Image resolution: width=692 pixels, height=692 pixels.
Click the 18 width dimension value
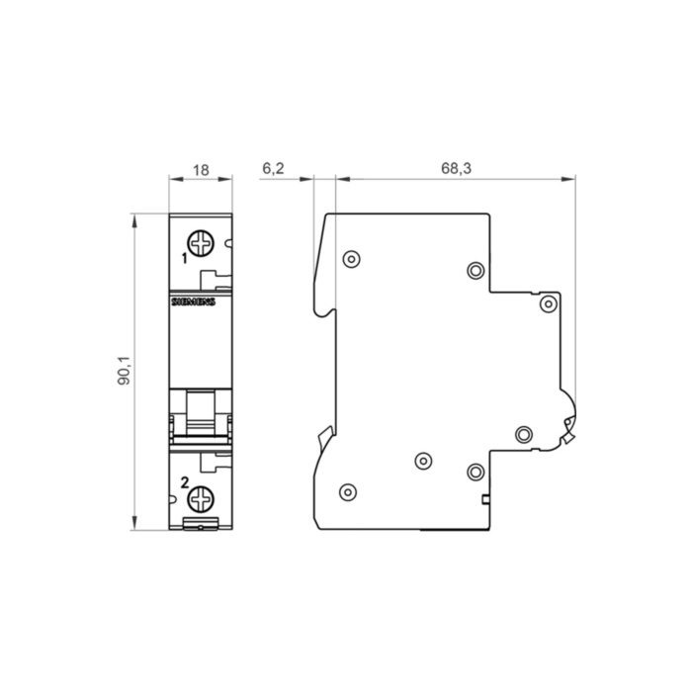[201, 170]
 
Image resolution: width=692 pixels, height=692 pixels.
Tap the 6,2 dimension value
[273, 168]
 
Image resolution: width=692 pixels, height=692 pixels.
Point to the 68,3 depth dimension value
[456, 168]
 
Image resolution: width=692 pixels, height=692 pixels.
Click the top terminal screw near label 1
[201, 243]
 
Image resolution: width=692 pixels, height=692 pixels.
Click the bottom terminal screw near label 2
[201, 499]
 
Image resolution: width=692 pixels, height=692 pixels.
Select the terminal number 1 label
[185, 259]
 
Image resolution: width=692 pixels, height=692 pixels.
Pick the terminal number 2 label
[185, 482]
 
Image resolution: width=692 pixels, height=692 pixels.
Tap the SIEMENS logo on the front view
[193, 302]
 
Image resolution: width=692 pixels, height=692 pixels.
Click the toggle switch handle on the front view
[201, 412]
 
